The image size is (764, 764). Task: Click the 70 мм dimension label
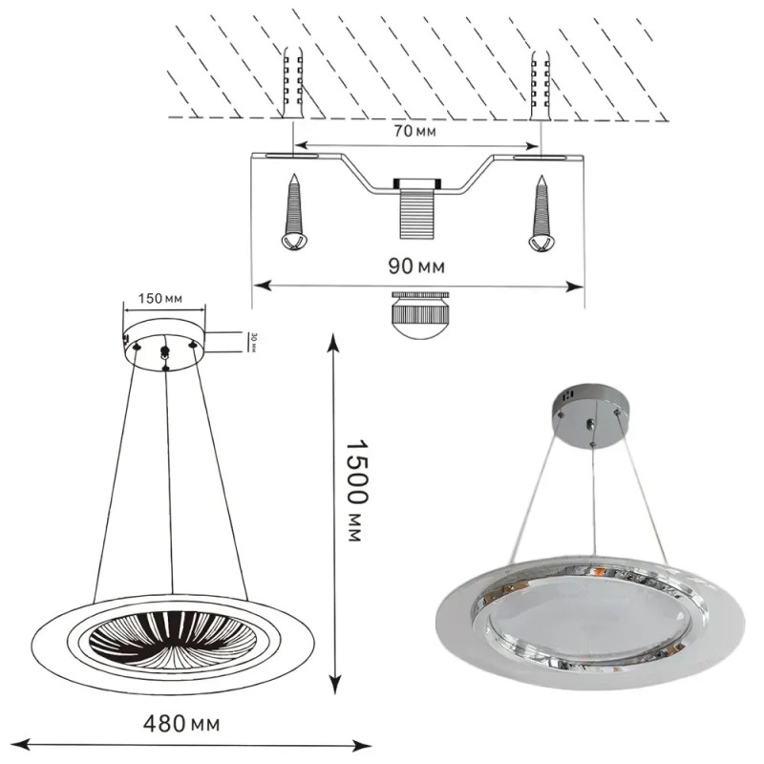[x=414, y=132]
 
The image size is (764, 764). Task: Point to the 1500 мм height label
[x=352, y=491]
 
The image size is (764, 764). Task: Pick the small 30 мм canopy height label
[x=253, y=342]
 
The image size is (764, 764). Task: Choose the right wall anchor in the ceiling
[x=541, y=81]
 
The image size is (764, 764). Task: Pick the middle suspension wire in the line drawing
[x=170, y=477]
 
